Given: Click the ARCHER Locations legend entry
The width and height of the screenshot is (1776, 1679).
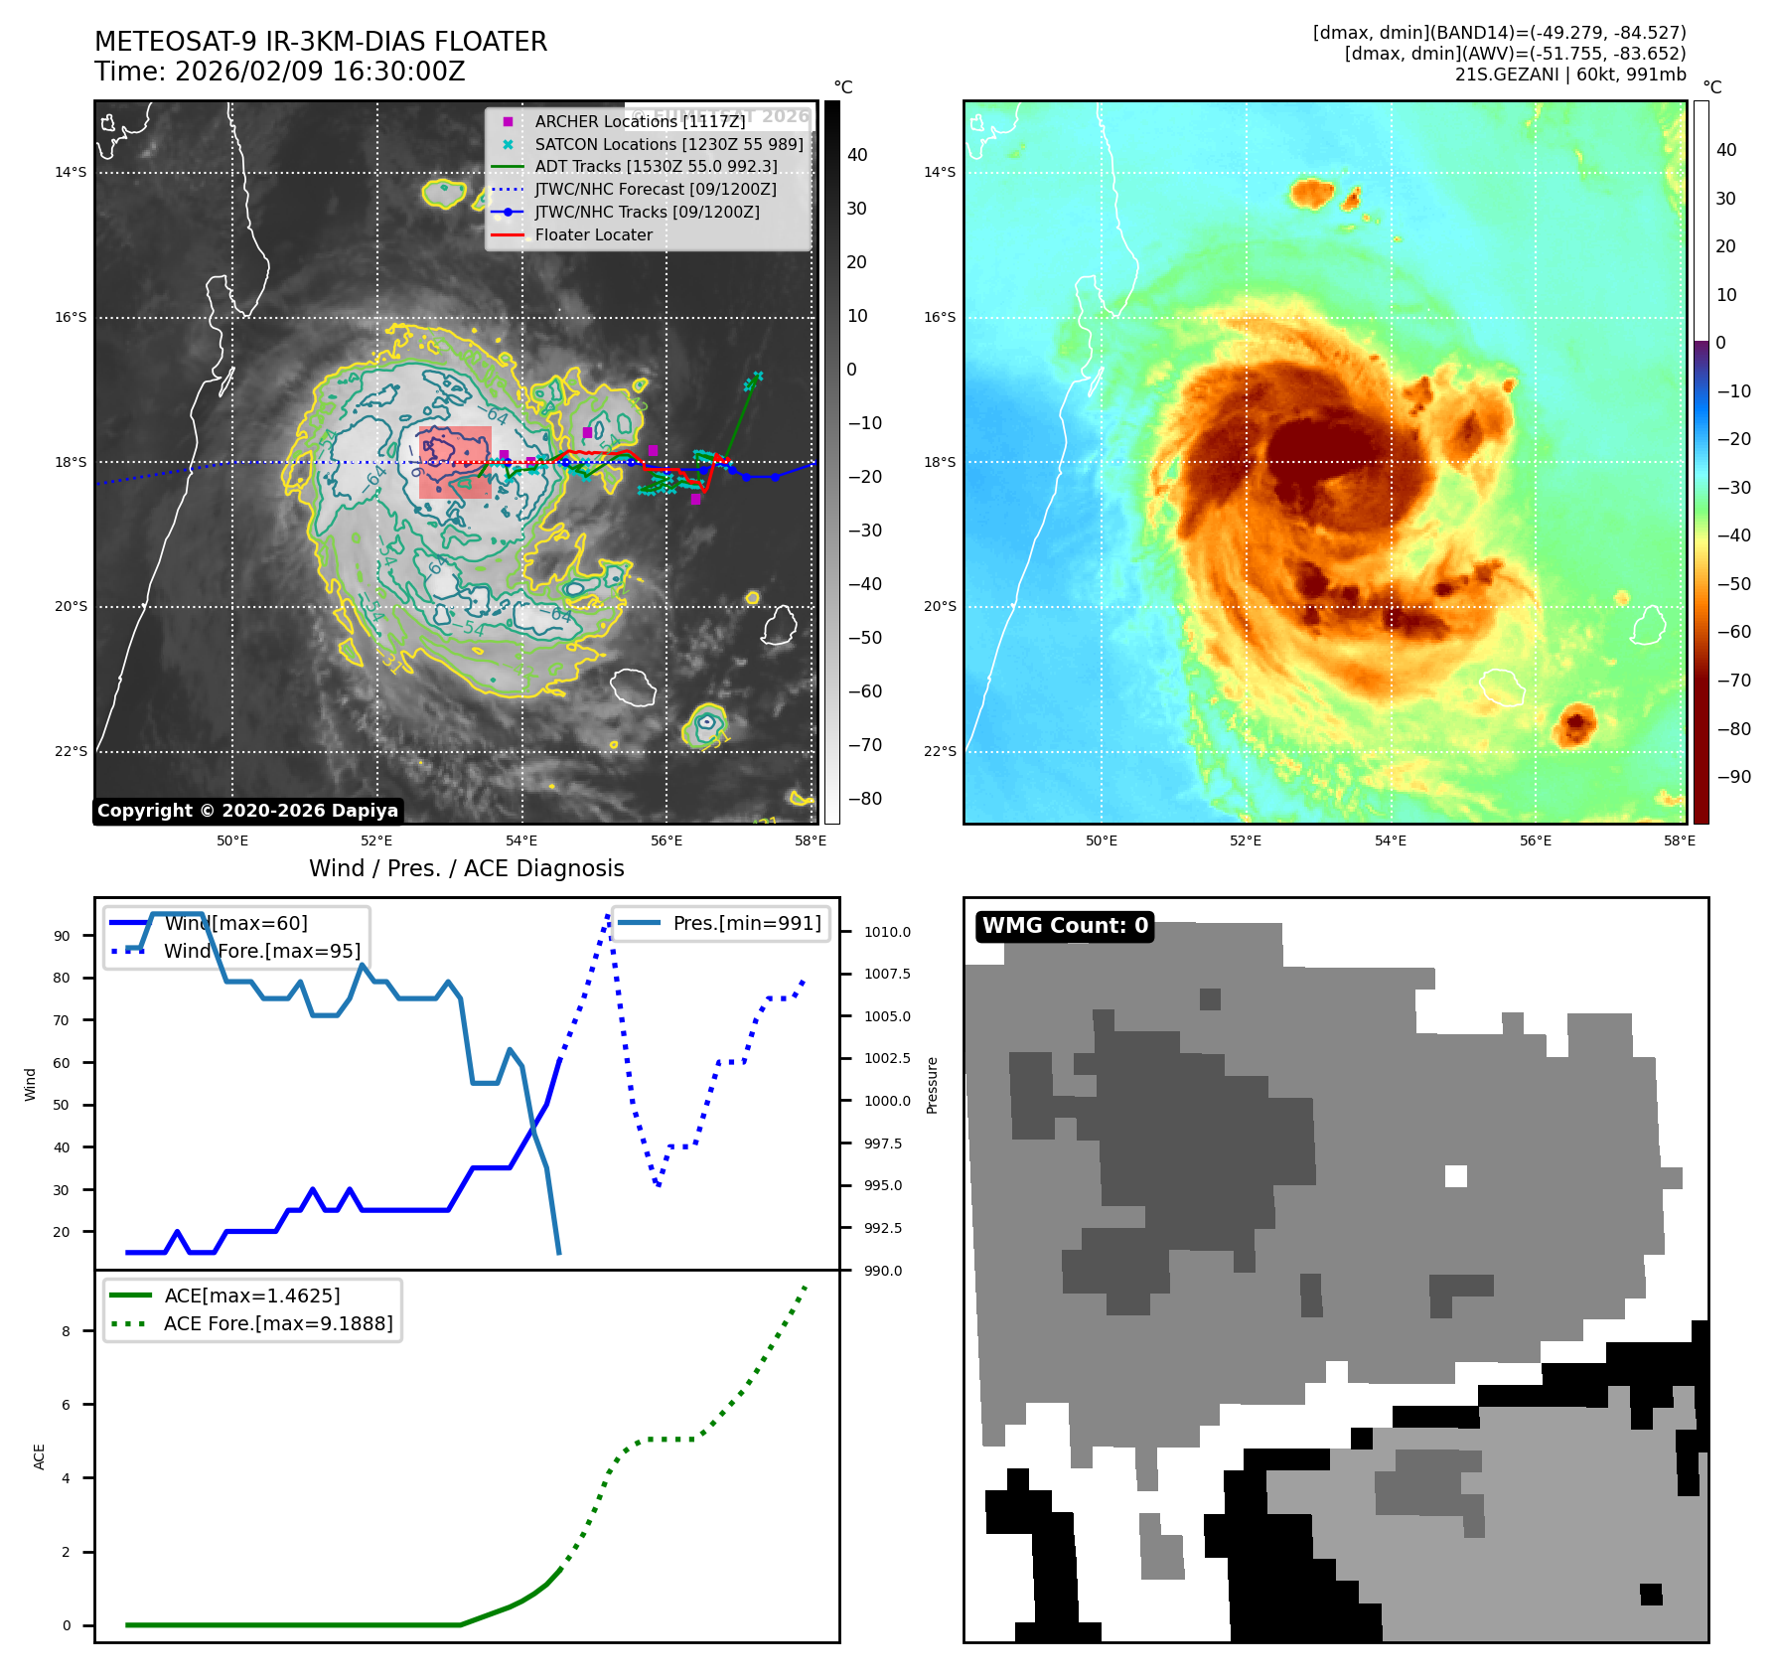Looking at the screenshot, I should pyautogui.click(x=639, y=121).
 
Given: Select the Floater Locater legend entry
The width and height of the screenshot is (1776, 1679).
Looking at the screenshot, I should pyautogui.click(x=593, y=235).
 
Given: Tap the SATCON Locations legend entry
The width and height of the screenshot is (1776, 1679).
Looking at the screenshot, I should pyautogui.click(x=667, y=144).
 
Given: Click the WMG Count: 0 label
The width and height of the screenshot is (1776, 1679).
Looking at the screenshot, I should pyautogui.click(x=1064, y=926).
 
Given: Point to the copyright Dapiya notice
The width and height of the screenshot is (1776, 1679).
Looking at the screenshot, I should pyautogui.click(x=247, y=811).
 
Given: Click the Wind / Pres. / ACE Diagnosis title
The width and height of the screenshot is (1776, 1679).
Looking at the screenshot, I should pyautogui.click(x=466, y=868).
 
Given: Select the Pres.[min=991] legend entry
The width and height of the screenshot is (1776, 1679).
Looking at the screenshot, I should pyautogui.click(x=746, y=924).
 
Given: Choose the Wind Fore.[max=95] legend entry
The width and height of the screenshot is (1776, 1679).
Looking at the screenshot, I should pyautogui.click(x=261, y=951).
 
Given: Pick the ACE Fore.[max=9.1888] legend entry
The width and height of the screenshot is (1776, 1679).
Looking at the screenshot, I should pyautogui.click(x=277, y=1323).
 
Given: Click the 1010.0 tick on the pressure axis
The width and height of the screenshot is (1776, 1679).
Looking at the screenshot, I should pyautogui.click(x=886, y=932).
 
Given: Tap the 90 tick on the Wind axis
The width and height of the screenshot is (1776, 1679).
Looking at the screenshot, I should pyautogui.click(x=63, y=936).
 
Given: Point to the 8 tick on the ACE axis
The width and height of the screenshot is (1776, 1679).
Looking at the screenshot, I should pyautogui.click(x=67, y=1331).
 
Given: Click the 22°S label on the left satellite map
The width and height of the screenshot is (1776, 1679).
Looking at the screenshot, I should pyautogui.click(x=71, y=751).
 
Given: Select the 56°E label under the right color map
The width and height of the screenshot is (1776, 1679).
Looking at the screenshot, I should pyautogui.click(x=1535, y=840).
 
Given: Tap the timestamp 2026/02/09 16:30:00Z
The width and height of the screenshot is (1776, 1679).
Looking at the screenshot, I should pyautogui.click(x=320, y=72).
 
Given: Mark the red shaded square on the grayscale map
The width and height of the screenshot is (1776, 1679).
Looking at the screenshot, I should pyautogui.click(x=455, y=462).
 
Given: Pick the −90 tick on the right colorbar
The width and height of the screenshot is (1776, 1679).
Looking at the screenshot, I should pyautogui.click(x=1734, y=777).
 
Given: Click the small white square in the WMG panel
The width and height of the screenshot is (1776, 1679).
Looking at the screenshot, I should pyautogui.click(x=1455, y=1176).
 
